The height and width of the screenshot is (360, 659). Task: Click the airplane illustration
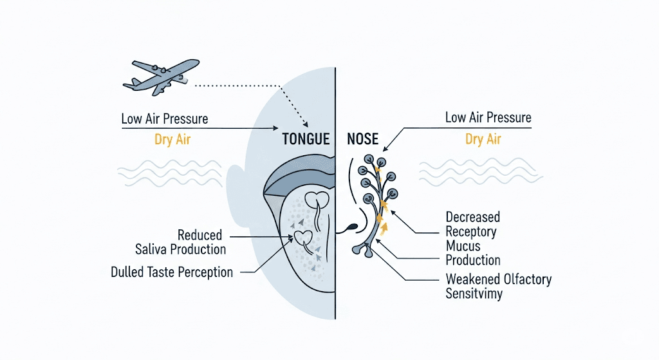(162, 77)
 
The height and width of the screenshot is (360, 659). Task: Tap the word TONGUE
(306, 139)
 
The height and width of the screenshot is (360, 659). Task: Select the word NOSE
(363, 139)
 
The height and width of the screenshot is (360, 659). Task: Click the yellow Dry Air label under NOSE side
(483, 139)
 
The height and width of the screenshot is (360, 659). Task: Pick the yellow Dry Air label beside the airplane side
(172, 139)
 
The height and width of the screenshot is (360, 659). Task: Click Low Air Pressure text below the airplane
(164, 118)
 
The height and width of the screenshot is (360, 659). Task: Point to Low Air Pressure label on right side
(488, 117)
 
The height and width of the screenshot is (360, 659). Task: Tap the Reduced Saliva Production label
(181, 242)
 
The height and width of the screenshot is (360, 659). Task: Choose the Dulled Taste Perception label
(171, 272)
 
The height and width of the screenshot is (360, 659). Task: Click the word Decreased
(473, 217)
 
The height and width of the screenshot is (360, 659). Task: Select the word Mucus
(463, 245)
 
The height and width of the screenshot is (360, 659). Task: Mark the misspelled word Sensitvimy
(474, 294)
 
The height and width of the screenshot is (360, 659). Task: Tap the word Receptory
(470, 232)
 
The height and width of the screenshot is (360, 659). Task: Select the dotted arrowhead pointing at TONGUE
(306, 124)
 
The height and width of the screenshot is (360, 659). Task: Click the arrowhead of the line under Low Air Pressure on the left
(275, 128)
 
